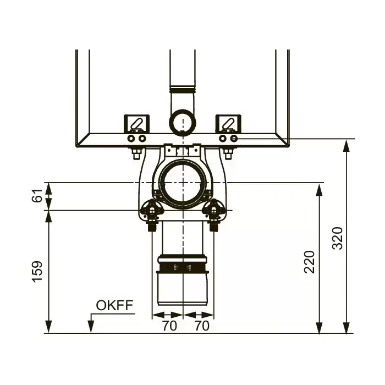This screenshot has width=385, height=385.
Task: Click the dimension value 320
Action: click(x=337, y=238)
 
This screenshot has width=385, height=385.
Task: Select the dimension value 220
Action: click(x=309, y=262)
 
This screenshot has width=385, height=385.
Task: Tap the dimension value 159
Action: click(x=37, y=272)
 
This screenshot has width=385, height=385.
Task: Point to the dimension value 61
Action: click(x=37, y=195)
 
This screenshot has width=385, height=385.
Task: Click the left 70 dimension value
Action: click(x=169, y=326)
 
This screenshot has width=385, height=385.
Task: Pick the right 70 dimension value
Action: click(x=202, y=326)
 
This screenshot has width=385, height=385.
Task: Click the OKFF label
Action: click(x=114, y=305)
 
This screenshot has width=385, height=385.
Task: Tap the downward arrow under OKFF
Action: click(x=91, y=323)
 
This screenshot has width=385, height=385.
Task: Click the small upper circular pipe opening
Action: click(x=183, y=122)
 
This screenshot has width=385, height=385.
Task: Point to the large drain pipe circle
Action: click(x=183, y=183)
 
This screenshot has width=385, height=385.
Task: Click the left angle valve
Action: click(x=152, y=213)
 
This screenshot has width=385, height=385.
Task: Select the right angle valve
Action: click(x=213, y=213)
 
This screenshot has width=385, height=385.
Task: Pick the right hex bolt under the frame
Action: click(x=228, y=153)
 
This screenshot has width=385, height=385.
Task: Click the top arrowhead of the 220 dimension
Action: click(x=319, y=190)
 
